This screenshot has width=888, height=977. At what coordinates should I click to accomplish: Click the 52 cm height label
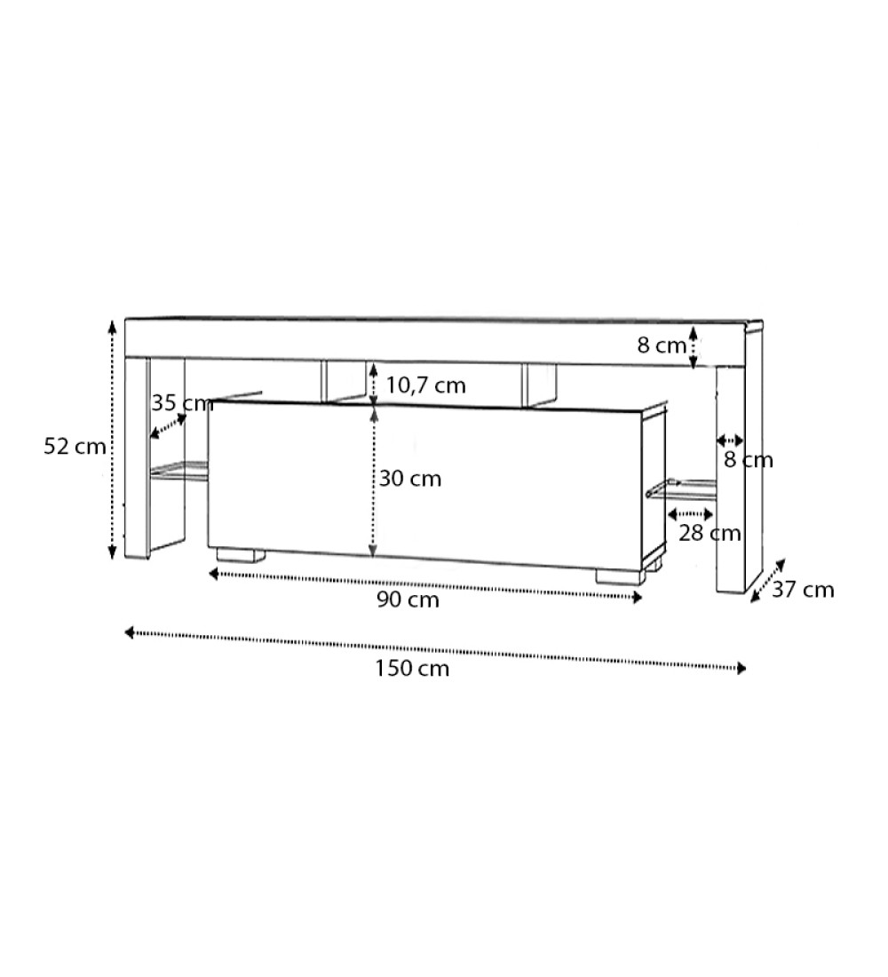pyautogui.click(x=75, y=447)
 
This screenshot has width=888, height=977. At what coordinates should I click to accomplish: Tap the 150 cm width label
pyautogui.click(x=412, y=669)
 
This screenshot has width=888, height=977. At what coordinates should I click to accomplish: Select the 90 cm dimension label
pyautogui.click(x=408, y=600)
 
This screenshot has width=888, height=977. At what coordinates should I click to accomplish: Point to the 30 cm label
pyautogui.click(x=410, y=479)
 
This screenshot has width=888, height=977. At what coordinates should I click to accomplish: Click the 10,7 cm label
pyautogui.click(x=425, y=385)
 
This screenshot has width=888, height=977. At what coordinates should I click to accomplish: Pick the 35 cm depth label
pyautogui.click(x=183, y=403)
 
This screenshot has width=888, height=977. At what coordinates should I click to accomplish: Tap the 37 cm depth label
pyautogui.click(x=803, y=590)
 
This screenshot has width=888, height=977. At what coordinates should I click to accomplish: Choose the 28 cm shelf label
pyautogui.click(x=710, y=534)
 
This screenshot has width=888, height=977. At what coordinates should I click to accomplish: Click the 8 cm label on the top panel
pyautogui.click(x=662, y=346)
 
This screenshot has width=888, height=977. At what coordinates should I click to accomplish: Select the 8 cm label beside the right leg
pyautogui.click(x=749, y=460)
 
